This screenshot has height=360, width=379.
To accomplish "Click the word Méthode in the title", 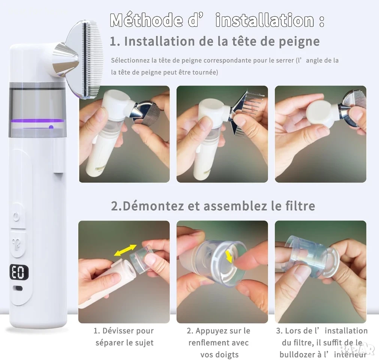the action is click(147, 20).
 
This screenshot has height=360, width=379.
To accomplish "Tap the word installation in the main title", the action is click(265, 20).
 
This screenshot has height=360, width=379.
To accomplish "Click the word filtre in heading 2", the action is click(300, 206).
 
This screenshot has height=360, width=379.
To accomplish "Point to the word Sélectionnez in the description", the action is click(130, 60).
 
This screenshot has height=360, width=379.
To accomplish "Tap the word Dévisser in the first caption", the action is click(115, 330).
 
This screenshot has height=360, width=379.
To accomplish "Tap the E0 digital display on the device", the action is click(19, 272).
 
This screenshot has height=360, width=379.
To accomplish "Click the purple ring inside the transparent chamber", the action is click(37, 121).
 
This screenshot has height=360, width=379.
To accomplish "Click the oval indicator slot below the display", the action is click(18, 288).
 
